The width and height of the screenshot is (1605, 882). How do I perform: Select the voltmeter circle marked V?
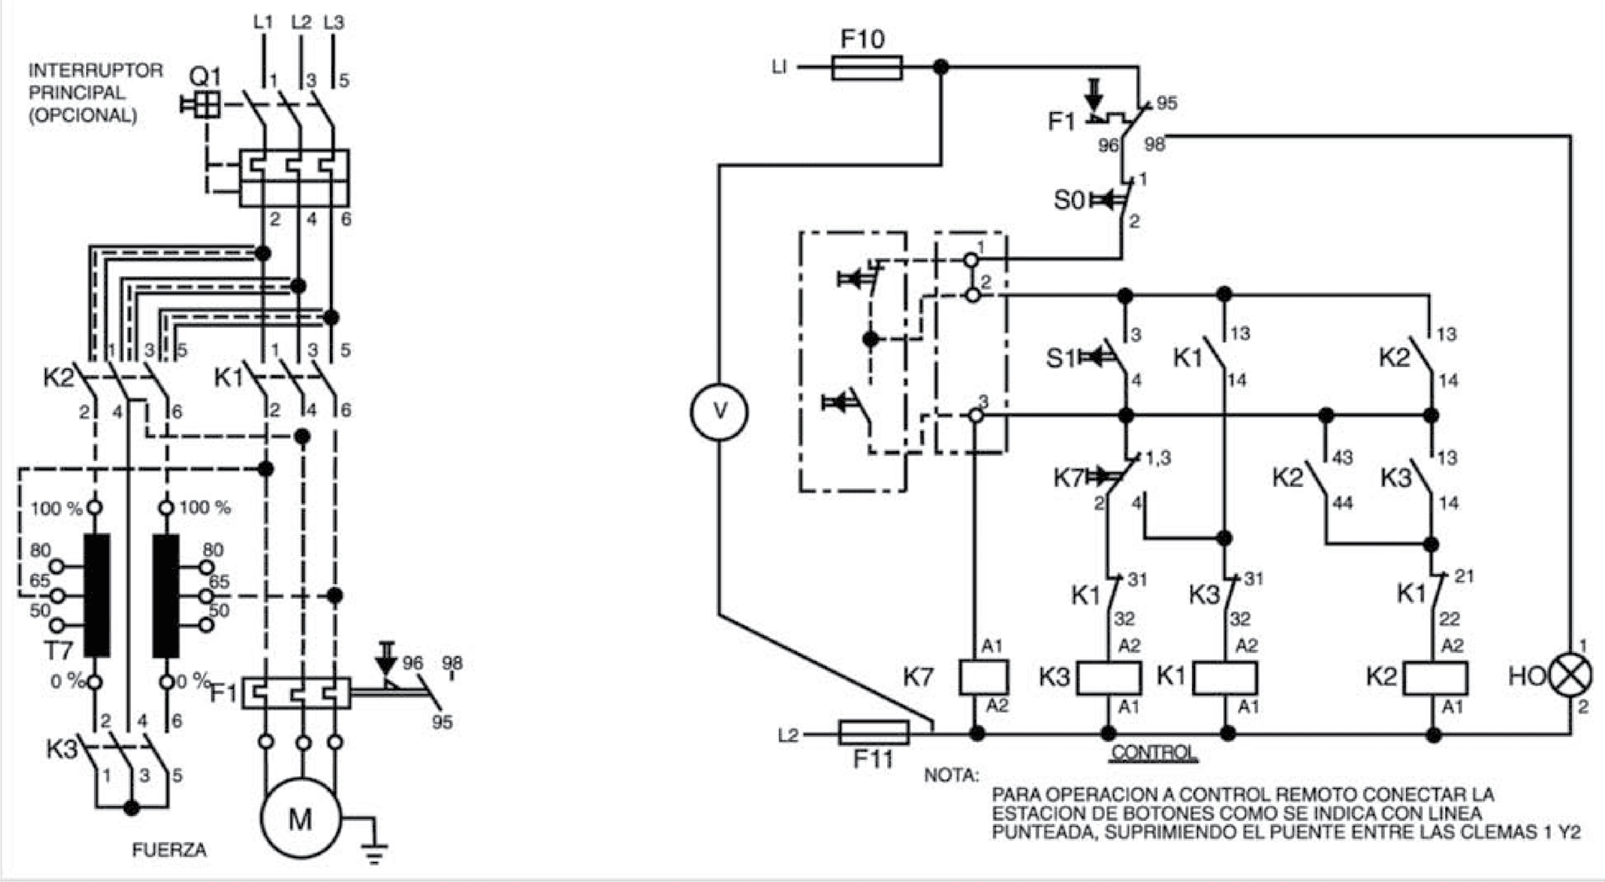(719, 412)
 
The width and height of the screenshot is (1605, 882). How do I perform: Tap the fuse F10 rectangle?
(866, 68)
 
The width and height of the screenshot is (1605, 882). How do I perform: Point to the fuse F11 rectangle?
(874, 733)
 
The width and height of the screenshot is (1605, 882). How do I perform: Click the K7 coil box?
(984, 677)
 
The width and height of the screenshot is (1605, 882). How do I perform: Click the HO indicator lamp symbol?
(1571, 676)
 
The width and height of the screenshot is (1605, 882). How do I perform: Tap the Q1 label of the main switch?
(205, 77)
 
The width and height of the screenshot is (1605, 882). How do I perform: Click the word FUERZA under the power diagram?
(169, 850)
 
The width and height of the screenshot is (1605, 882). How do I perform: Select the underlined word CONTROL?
(1154, 752)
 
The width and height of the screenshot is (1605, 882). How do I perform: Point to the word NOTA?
(951, 776)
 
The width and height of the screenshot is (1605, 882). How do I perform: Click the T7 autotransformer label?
(58, 649)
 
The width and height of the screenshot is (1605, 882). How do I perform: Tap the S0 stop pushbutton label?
(1069, 201)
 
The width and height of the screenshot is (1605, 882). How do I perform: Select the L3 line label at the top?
(334, 22)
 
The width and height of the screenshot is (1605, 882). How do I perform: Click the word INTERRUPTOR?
(96, 70)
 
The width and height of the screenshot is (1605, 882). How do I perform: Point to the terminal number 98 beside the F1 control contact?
(1154, 144)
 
